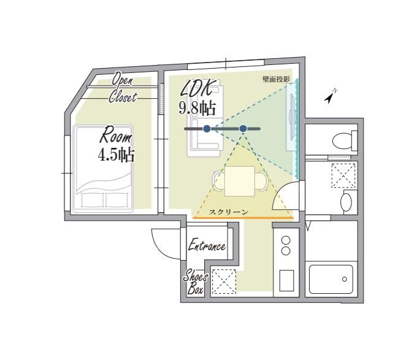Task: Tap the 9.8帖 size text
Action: (x=197, y=108)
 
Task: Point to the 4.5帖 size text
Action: (x=116, y=155)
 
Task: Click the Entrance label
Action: (x=207, y=245)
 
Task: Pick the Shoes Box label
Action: (x=195, y=283)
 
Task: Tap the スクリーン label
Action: (x=229, y=212)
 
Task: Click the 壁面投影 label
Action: (x=276, y=79)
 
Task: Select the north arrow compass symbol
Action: (x=330, y=96)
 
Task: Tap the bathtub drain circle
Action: (x=344, y=279)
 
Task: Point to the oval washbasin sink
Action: (x=346, y=202)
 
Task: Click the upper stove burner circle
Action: (x=286, y=240)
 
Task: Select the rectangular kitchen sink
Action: (x=286, y=280)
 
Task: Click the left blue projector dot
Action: (x=206, y=129)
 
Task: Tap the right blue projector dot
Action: (x=243, y=129)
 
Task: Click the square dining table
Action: (x=240, y=181)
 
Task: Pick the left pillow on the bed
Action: (x=92, y=200)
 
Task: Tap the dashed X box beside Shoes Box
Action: (x=224, y=281)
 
